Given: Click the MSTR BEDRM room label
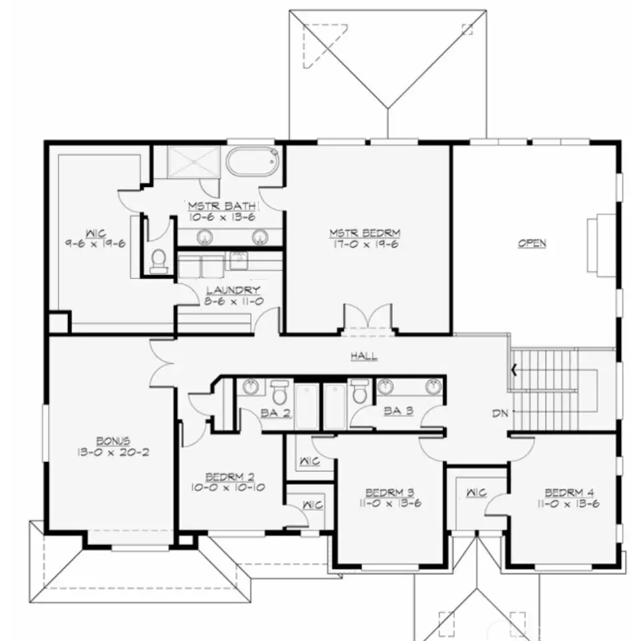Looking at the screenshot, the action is pos(365,233).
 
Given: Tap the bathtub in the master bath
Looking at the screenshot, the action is pos(252,162).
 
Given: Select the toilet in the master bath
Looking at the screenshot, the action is pos(159,261).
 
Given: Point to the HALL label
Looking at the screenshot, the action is pos(364,356).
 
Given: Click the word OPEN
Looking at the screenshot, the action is pos(532,243).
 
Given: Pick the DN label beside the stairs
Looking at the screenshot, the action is pos(500,414).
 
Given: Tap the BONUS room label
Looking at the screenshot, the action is pos(113,441).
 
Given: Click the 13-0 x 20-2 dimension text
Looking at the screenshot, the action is pos(113,453).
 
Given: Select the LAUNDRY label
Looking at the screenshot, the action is pos(233,290).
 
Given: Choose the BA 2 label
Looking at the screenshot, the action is pos(275,413).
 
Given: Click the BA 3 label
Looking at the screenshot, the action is pos(398,411).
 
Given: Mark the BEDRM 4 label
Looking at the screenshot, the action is pos(570,493).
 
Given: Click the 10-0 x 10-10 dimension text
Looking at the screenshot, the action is pos(228,487).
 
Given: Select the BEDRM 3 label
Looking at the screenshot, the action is pos(390,493).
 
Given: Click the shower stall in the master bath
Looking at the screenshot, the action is pos(193,162).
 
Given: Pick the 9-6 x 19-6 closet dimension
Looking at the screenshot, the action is pos(95,244).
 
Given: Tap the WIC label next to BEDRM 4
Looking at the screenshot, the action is pos(477,493).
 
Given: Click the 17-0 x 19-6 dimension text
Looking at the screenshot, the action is pos(365,244).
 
